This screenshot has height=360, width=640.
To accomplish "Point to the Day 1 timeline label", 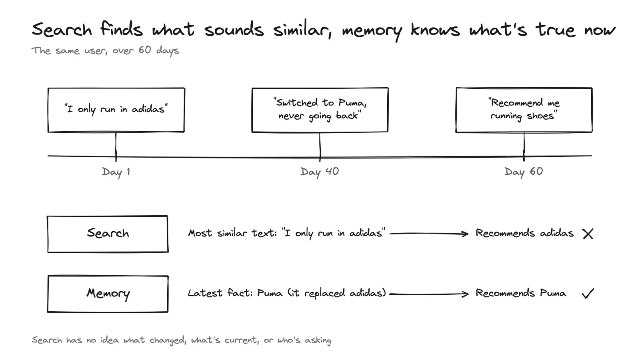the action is [116, 172].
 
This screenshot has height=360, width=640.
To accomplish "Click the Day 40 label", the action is [320, 172].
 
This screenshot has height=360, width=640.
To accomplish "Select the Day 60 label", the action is [524, 172].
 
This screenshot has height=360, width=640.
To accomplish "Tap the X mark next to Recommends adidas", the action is [588, 234].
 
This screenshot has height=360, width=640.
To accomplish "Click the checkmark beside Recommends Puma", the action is [588, 294].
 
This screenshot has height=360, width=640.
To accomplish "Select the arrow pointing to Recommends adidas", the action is [429, 234].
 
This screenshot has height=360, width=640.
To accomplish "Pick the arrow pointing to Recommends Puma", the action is [429, 294].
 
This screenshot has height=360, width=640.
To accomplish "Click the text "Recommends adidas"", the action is [524, 233].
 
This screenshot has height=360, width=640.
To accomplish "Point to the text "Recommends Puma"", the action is [520, 293].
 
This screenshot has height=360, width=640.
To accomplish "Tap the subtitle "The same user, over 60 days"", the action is [105, 50].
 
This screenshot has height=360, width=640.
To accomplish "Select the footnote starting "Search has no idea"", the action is [182, 340].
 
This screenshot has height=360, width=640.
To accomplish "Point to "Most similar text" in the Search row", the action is [232, 233].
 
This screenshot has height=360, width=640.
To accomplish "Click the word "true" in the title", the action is [555, 30].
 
